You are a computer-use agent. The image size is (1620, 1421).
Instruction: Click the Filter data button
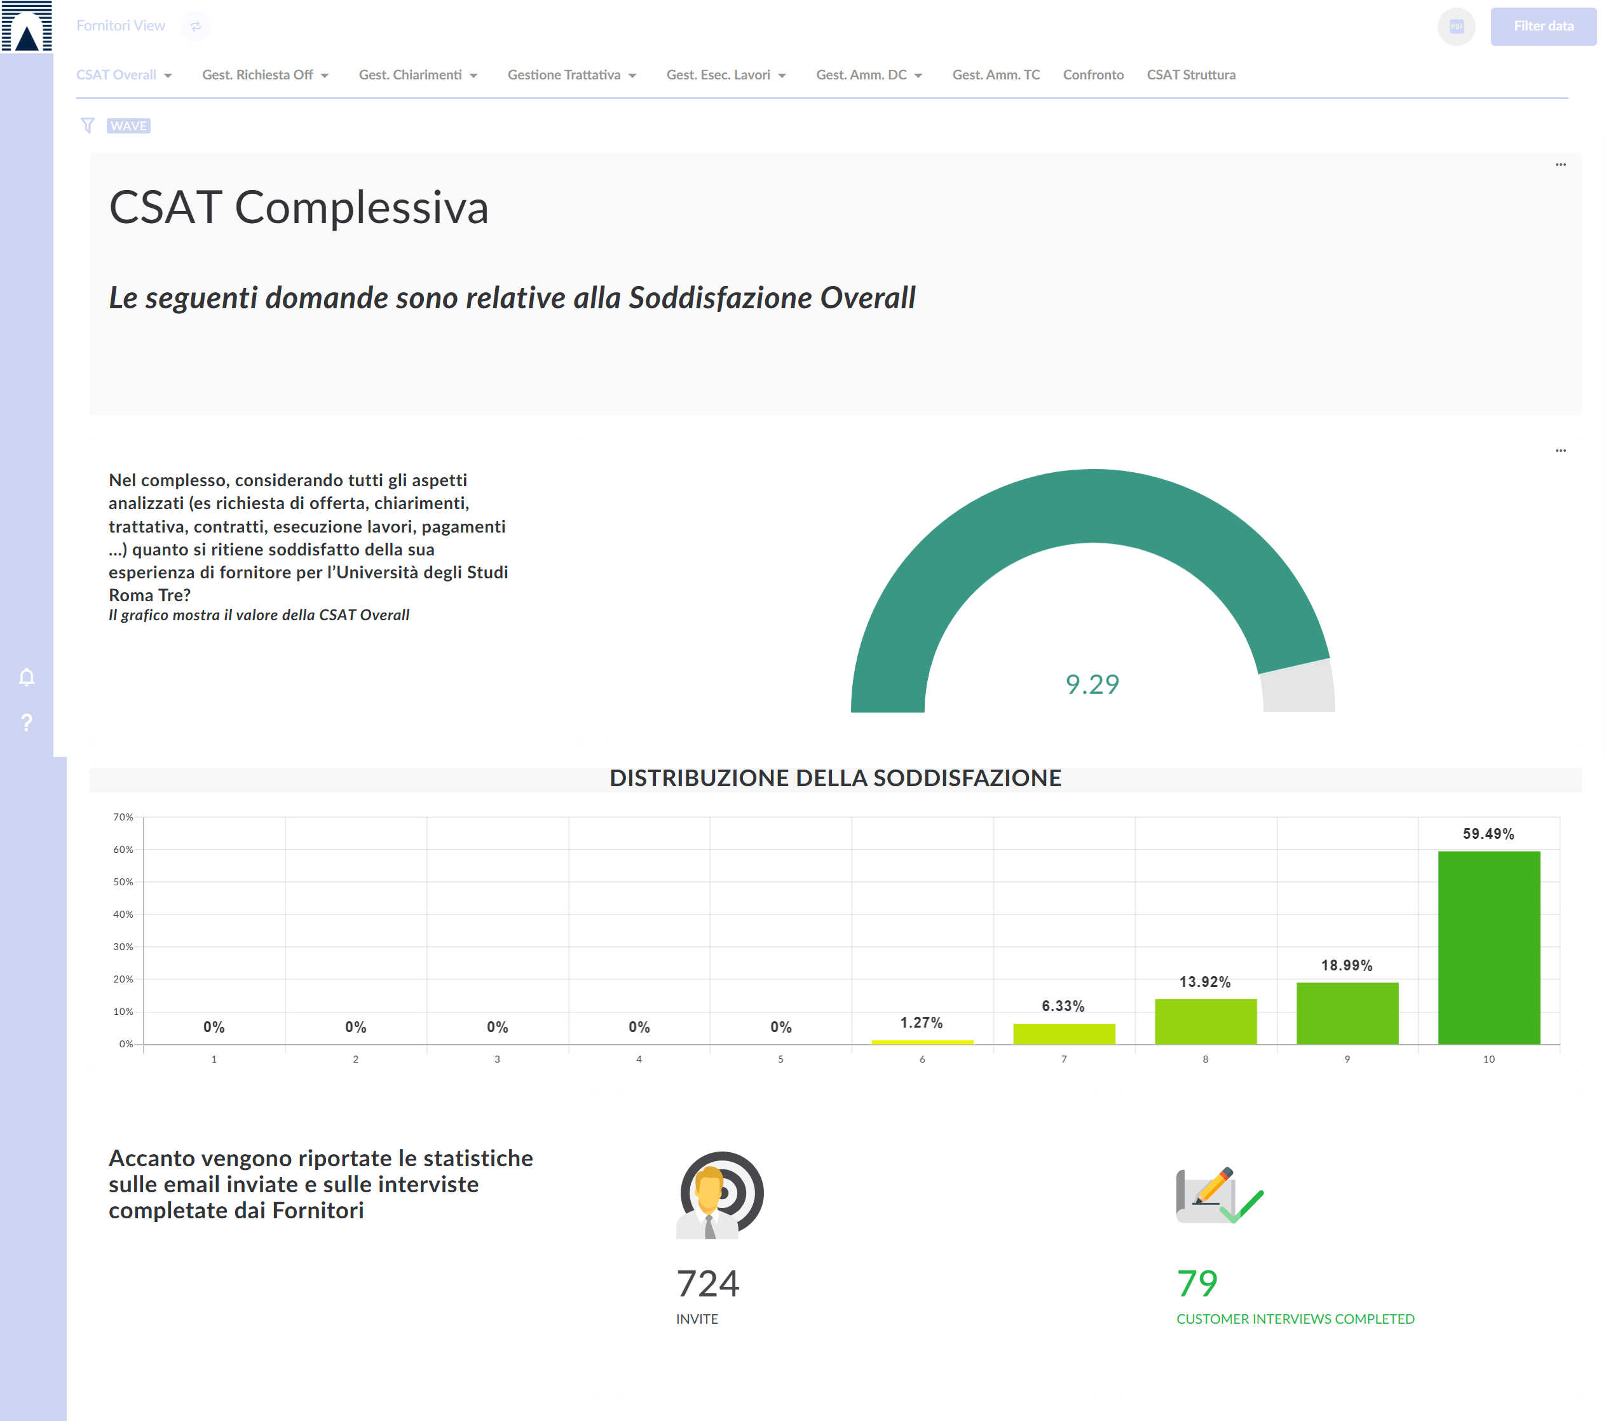point(1542,26)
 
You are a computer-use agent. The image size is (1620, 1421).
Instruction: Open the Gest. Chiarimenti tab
point(418,74)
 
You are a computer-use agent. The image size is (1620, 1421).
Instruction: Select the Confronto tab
point(1093,74)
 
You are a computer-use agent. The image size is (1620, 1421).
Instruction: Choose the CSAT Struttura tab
point(1190,74)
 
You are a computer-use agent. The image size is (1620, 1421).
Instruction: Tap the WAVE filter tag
point(128,126)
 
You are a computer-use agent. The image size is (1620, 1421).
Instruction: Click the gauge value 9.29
point(1092,684)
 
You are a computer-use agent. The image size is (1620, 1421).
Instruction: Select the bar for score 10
point(1488,947)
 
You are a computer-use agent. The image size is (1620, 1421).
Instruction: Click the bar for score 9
point(1347,1013)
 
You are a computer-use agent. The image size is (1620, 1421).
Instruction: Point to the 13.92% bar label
point(1205,982)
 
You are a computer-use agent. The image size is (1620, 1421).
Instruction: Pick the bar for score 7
point(1064,1033)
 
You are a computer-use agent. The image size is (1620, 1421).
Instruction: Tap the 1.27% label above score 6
point(921,1023)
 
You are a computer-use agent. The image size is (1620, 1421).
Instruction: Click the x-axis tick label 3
point(497,1059)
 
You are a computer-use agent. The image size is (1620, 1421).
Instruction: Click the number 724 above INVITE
point(708,1283)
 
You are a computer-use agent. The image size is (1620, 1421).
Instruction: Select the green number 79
point(1197,1283)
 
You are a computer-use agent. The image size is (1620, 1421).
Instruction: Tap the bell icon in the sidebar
point(27,677)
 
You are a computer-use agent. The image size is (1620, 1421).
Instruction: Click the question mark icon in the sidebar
point(27,722)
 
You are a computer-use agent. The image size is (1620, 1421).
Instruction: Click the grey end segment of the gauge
point(1297,686)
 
